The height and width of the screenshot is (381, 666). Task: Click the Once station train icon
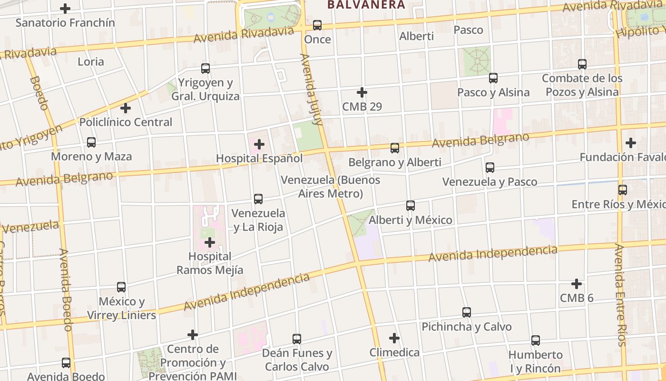click(317, 25)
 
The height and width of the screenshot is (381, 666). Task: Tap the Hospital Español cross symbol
click(259, 144)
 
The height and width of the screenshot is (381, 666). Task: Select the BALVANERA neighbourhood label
click(366, 5)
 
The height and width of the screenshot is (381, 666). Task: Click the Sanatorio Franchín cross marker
click(65, 9)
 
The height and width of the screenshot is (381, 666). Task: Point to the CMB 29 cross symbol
click(362, 92)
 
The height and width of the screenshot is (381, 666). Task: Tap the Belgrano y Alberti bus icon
click(395, 148)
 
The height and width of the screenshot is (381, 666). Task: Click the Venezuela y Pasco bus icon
click(490, 168)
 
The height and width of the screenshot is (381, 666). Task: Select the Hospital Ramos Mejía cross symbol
click(210, 242)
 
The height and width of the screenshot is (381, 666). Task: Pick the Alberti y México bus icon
click(411, 206)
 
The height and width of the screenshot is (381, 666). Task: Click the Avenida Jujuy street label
click(312, 89)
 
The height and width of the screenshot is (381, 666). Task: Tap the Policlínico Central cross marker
click(126, 108)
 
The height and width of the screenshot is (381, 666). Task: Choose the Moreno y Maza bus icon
click(91, 142)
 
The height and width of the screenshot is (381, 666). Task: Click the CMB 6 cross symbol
click(577, 284)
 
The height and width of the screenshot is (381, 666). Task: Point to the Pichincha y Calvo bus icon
click(467, 312)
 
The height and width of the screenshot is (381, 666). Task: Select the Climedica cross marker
click(394, 338)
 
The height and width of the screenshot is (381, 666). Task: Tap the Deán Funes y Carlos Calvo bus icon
click(297, 339)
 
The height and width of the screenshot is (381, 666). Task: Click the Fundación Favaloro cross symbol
click(631, 142)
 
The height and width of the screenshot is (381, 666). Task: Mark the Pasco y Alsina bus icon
click(493, 78)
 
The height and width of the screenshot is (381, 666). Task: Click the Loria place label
click(91, 61)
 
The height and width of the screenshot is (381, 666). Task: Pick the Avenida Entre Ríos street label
click(620, 295)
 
